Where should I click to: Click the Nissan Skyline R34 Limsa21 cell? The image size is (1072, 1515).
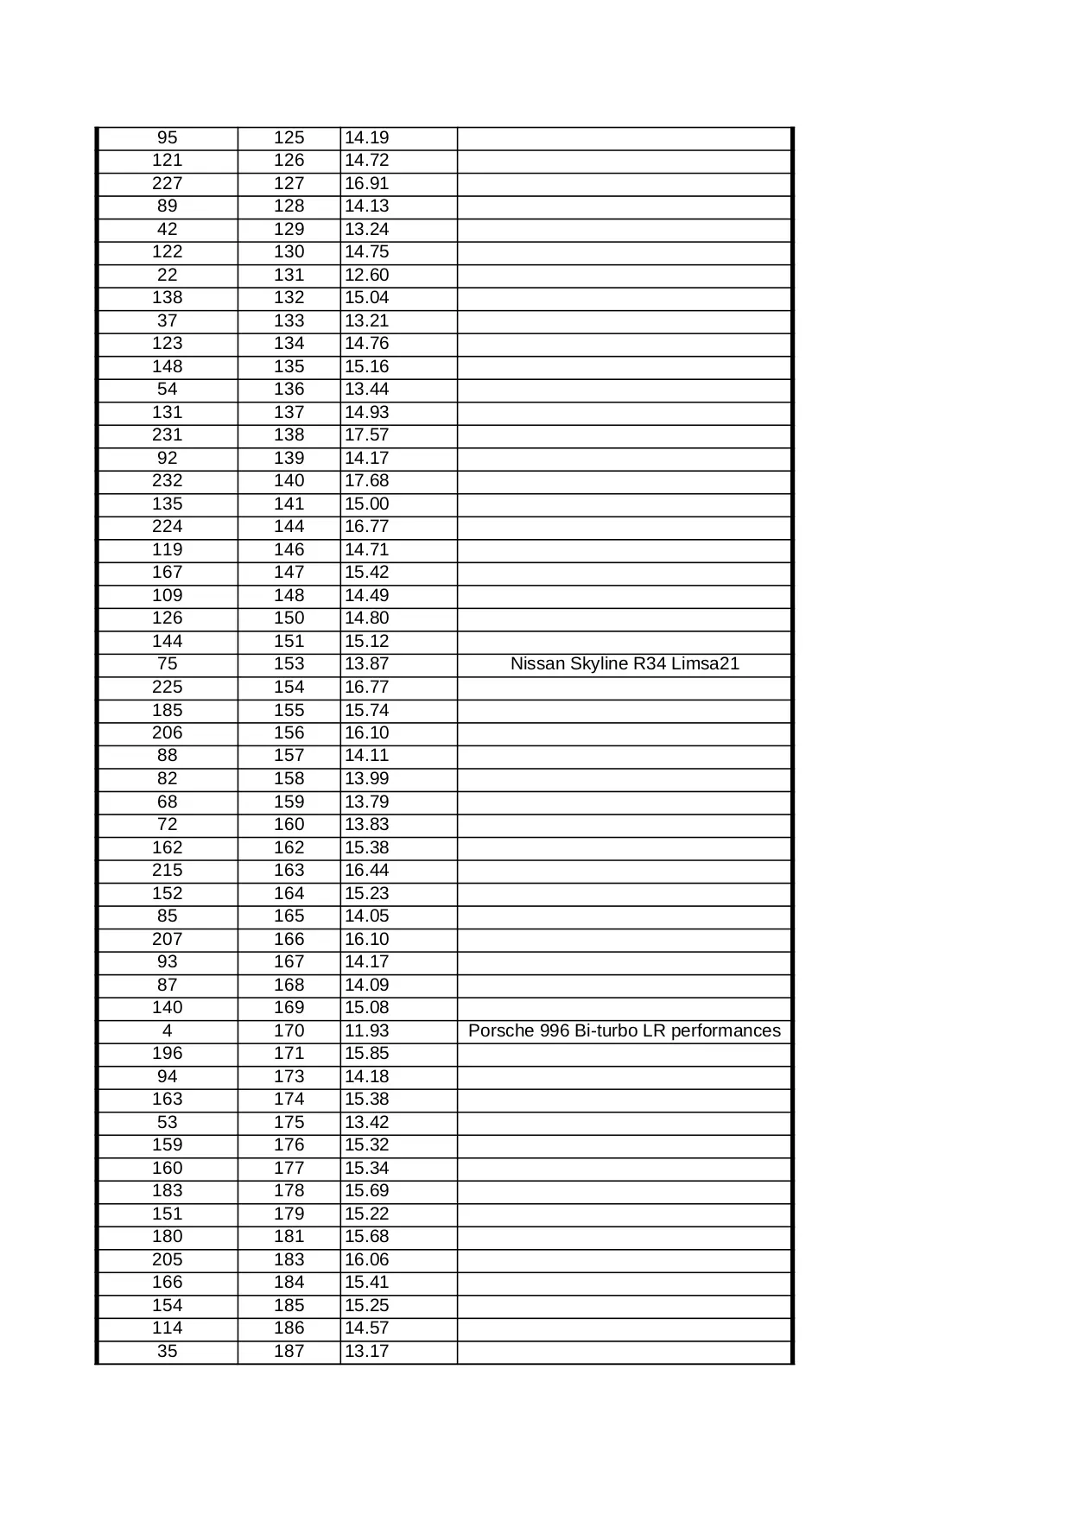click(625, 664)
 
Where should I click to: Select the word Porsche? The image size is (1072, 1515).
click(498, 1030)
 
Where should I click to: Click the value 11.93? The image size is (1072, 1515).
click(367, 1030)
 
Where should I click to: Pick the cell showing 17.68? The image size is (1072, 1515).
click(367, 481)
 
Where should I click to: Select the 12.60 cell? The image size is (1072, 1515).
click(367, 275)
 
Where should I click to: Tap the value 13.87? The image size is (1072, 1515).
click(367, 664)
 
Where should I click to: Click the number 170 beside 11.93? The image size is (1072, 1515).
click(289, 1030)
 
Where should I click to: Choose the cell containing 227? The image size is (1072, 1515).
click(168, 183)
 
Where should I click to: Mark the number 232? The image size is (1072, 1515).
click(168, 481)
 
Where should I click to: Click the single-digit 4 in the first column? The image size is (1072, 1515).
click(168, 1030)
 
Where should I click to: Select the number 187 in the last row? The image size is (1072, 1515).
click(289, 1351)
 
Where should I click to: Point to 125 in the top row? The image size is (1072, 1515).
click(289, 137)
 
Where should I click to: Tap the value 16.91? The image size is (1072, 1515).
click(367, 183)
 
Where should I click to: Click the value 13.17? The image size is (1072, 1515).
click(367, 1351)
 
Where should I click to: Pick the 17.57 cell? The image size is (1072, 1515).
click(367, 435)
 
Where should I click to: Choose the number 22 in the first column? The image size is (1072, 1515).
click(168, 275)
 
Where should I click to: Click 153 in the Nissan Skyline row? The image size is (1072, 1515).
click(289, 664)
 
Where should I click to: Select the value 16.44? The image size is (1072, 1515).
click(367, 871)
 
